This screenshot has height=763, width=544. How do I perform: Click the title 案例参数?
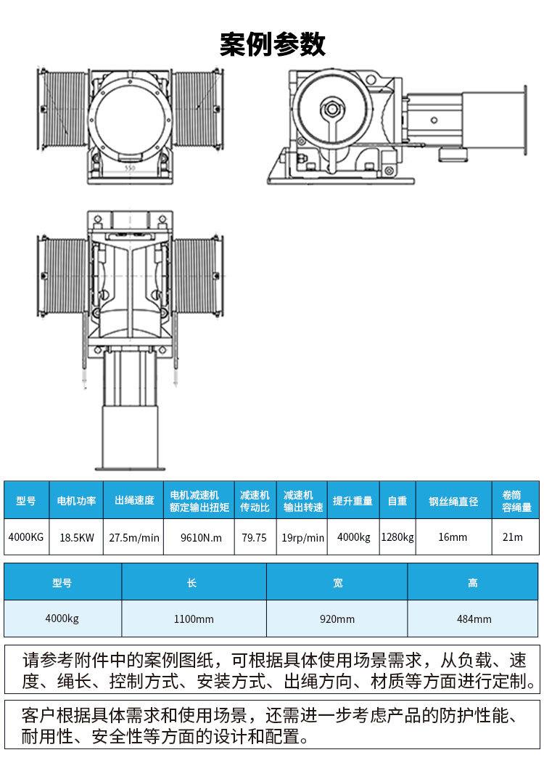pos(272,44)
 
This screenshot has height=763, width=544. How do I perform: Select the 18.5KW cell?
pos(76,537)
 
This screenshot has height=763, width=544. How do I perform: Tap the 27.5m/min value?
pos(133,537)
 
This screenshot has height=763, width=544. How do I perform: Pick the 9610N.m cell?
pos(199,537)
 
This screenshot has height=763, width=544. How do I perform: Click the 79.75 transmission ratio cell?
pos(255,537)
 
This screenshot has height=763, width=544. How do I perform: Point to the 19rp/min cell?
pos(302,537)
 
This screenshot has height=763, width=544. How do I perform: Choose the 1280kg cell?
pos(397,537)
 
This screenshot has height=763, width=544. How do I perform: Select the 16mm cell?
pos(453,537)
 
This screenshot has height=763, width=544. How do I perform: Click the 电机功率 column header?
pos(76,500)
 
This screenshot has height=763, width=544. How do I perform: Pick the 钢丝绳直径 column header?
pos(453,500)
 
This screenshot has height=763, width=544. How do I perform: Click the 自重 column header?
pos(397,500)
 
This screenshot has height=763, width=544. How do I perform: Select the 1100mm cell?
pos(194,619)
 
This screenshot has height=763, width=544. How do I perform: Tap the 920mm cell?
pos(337,619)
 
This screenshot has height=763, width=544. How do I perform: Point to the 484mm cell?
pos(474,619)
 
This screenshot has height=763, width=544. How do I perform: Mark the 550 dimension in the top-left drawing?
pos(130,168)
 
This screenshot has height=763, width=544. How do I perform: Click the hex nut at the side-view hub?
pos(332,107)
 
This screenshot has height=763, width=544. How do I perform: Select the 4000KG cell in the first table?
pos(26,537)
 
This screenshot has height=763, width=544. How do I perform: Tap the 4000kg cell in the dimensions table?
pos(62,619)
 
